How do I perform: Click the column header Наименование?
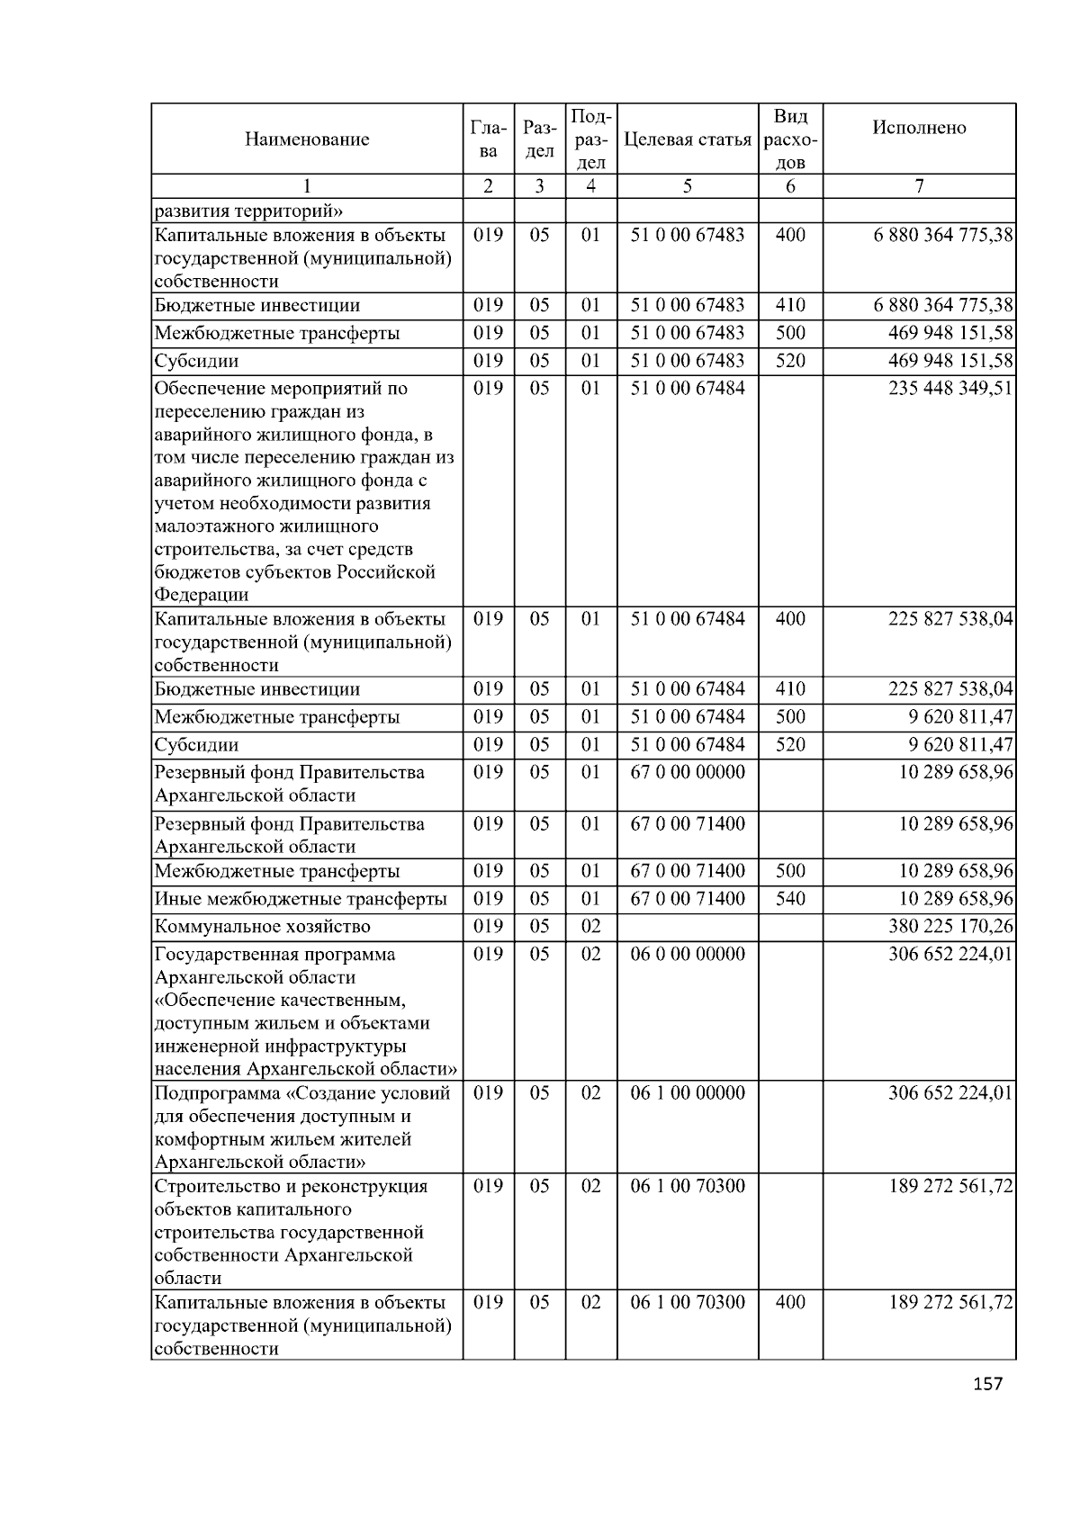pos(306,139)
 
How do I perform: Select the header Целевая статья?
pos(687,139)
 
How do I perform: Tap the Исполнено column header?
pos(919,128)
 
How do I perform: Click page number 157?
pos(987,1384)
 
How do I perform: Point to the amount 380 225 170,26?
pos(950,927)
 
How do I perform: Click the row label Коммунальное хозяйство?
pos(262,927)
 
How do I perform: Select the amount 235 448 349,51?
pos(950,389)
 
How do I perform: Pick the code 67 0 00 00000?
pos(688,772)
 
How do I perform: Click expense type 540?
pos(790,899)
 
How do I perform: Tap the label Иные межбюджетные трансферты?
pos(301,899)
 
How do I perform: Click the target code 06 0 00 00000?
pos(688,954)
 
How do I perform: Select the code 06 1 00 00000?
pos(688,1092)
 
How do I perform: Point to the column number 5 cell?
pos(688,186)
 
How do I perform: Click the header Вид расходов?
pos(790,139)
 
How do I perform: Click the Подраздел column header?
pos(590,139)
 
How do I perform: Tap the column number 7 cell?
pos(919,186)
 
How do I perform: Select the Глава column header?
pos(488,139)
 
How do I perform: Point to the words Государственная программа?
pos(274,954)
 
